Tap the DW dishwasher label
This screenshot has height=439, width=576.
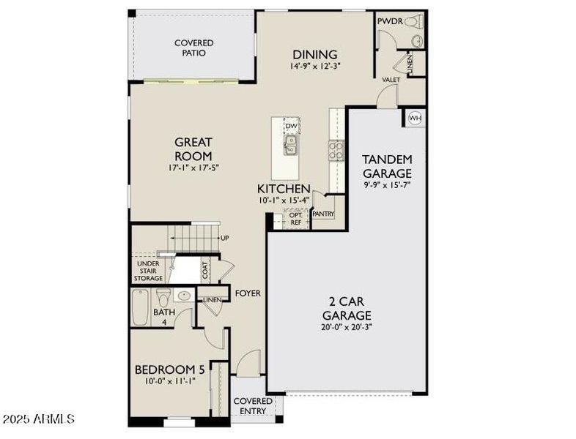coord(291,127)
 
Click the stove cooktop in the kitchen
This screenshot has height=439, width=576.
coord(336,150)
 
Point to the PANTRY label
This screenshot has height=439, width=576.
coord(323,214)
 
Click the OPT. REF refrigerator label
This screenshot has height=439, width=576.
coord(295,218)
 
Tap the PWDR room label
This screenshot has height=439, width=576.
coord(389,21)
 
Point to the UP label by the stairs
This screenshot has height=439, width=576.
coord(225,239)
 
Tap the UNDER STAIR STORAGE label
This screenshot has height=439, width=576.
coord(148,270)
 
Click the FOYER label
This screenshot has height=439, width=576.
coord(248,293)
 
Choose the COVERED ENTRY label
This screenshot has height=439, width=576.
coord(253,406)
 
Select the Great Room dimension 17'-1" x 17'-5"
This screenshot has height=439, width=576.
coord(193,168)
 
